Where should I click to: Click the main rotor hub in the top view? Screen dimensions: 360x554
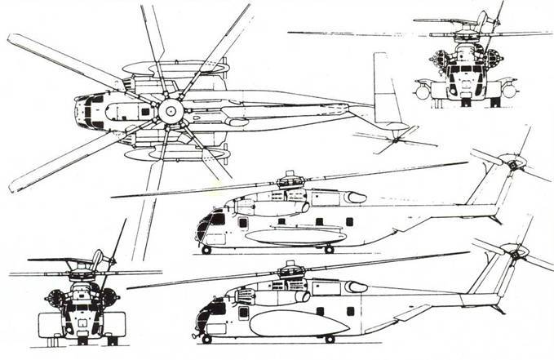point(171,112)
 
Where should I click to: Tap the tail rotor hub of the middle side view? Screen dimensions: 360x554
point(512,165)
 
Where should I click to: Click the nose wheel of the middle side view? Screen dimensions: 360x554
point(207,250)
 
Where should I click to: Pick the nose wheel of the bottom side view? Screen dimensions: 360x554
point(207,339)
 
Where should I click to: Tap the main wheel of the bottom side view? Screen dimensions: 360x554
point(329,339)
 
